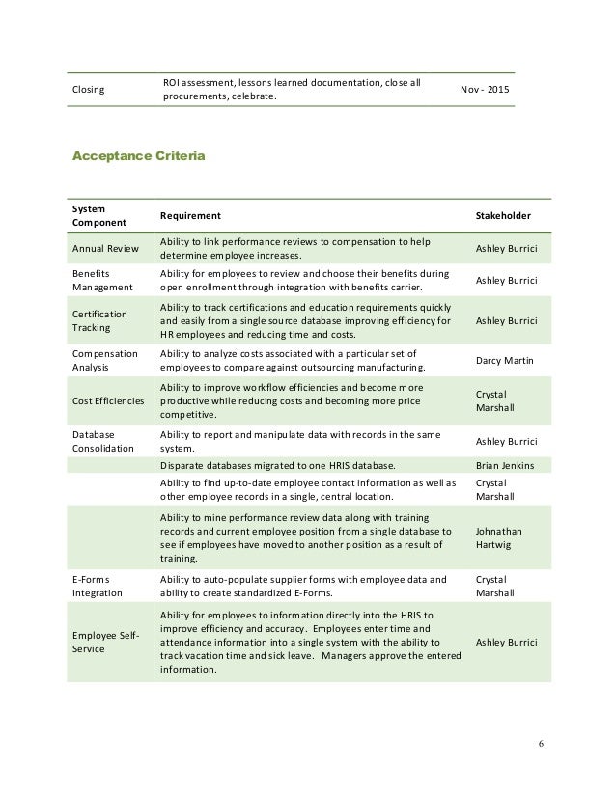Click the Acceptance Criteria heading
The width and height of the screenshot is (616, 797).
click(x=138, y=154)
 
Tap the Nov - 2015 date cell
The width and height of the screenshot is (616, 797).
click(x=485, y=89)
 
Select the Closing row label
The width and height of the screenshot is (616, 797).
click(x=90, y=89)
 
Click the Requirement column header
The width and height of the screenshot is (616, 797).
click(x=190, y=215)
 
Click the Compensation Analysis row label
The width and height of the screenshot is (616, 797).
click(x=106, y=361)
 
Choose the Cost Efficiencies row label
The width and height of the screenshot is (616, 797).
click(x=108, y=400)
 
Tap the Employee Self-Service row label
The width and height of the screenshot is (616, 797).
click(x=105, y=642)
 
